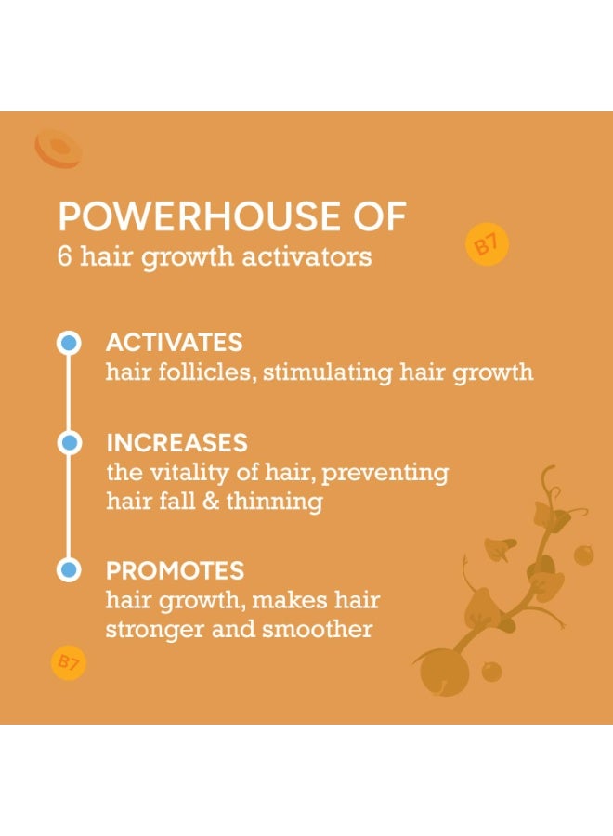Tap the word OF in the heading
(381, 216)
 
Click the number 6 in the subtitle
(64, 256)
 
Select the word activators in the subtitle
(307, 256)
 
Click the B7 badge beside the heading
(487, 244)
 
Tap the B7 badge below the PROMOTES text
(68, 663)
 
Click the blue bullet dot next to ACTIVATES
(69, 343)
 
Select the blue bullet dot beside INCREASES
(69, 442)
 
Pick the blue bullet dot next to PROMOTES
(69, 570)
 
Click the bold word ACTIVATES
(175, 342)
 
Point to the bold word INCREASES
(177, 442)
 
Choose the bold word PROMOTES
(176, 570)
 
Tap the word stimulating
(328, 372)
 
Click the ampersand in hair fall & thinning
(211, 502)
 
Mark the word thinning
(275, 502)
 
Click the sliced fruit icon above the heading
(59, 149)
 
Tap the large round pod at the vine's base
(444, 673)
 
